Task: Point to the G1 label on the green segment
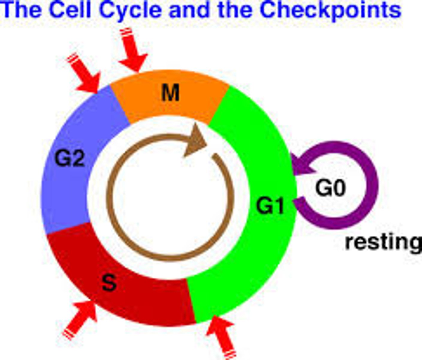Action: (270, 206)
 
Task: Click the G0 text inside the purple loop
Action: (330, 188)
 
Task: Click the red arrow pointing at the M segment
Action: (132, 52)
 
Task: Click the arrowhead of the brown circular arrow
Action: (195, 141)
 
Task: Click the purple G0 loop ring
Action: (370, 186)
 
